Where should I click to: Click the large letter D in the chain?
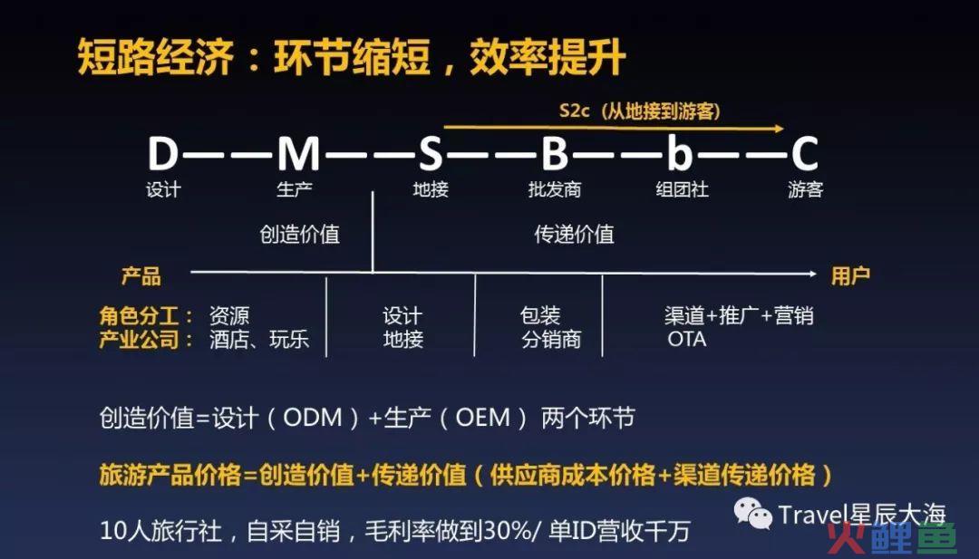[x=163, y=154]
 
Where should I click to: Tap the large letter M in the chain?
[x=299, y=154]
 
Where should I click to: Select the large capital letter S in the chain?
[x=431, y=154]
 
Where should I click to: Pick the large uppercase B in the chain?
[x=555, y=154]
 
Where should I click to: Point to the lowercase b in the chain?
[x=680, y=153]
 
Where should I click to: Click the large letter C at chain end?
[x=805, y=154]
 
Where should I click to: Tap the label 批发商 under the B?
[x=555, y=189]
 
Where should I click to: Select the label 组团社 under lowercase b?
[x=682, y=189]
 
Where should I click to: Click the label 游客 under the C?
[x=806, y=189]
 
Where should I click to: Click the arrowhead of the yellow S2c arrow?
[x=779, y=129]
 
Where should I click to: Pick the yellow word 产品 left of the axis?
[x=141, y=275]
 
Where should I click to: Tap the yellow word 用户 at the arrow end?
[x=850, y=275]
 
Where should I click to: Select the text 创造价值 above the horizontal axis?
[x=300, y=235]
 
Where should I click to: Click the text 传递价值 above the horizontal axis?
[x=575, y=235]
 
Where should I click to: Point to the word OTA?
[x=687, y=340]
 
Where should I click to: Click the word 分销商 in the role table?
[x=551, y=340]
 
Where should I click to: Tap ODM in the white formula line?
[x=313, y=418]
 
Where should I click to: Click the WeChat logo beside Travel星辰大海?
[x=753, y=514]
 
